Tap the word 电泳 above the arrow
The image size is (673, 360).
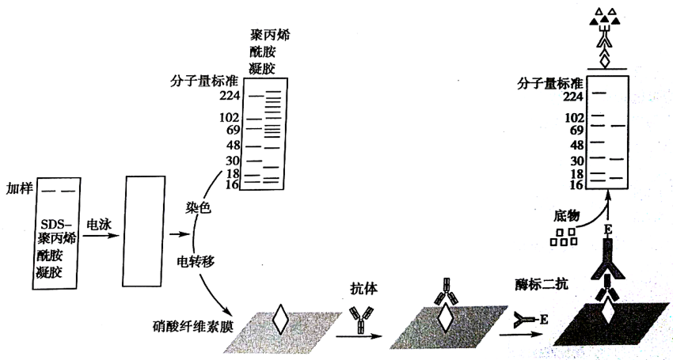pyautogui.click(x=99, y=224)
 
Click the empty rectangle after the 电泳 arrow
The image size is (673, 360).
pyautogui.click(x=143, y=231)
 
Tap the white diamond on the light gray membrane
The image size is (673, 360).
pyautogui.click(x=279, y=320)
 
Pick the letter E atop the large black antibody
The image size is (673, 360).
pyautogui.click(x=608, y=229)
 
